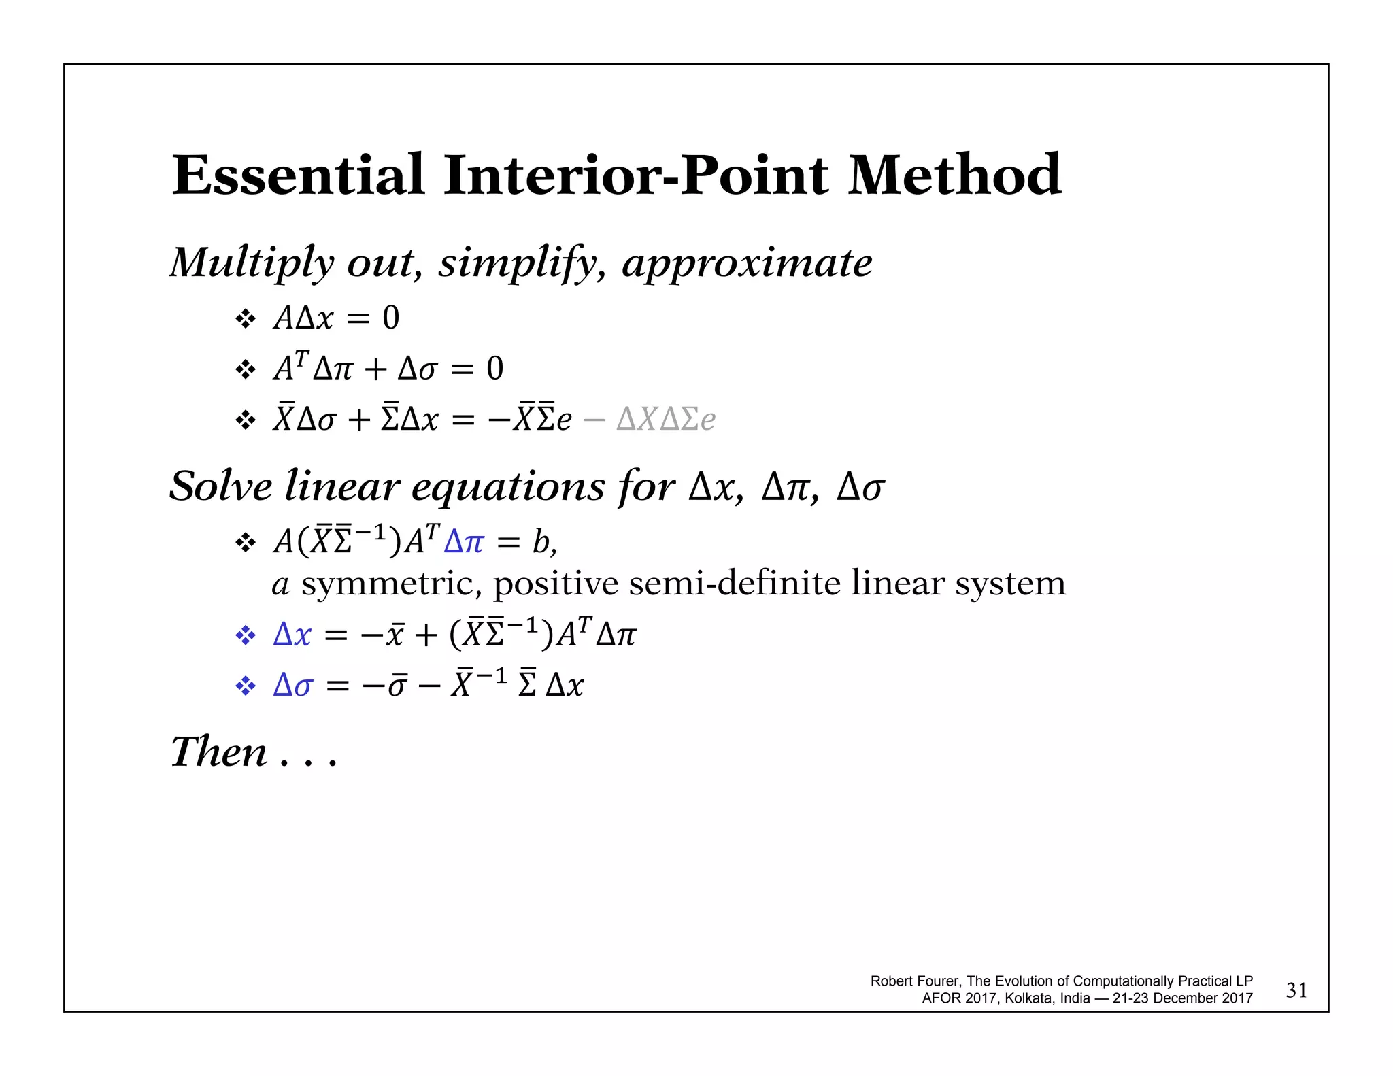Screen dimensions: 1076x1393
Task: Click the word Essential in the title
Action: (x=298, y=175)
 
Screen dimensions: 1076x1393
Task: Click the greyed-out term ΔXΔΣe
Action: (x=666, y=419)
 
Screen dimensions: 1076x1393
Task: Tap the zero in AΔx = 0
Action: (x=390, y=318)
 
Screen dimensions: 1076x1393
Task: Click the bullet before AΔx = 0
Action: (x=245, y=318)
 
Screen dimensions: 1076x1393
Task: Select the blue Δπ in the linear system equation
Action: (x=464, y=542)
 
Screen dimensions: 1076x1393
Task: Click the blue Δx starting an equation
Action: (x=292, y=635)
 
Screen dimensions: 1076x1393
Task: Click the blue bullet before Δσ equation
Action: (x=245, y=686)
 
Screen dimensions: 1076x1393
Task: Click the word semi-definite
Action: (x=735, y=584)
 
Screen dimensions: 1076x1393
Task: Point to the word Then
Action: (x=219, y=752)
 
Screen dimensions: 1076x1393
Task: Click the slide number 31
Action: (x=1296, y=990)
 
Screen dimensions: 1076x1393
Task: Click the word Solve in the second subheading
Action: (x=220, y=487)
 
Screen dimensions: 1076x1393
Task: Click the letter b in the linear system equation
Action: (x=541, y=542)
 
